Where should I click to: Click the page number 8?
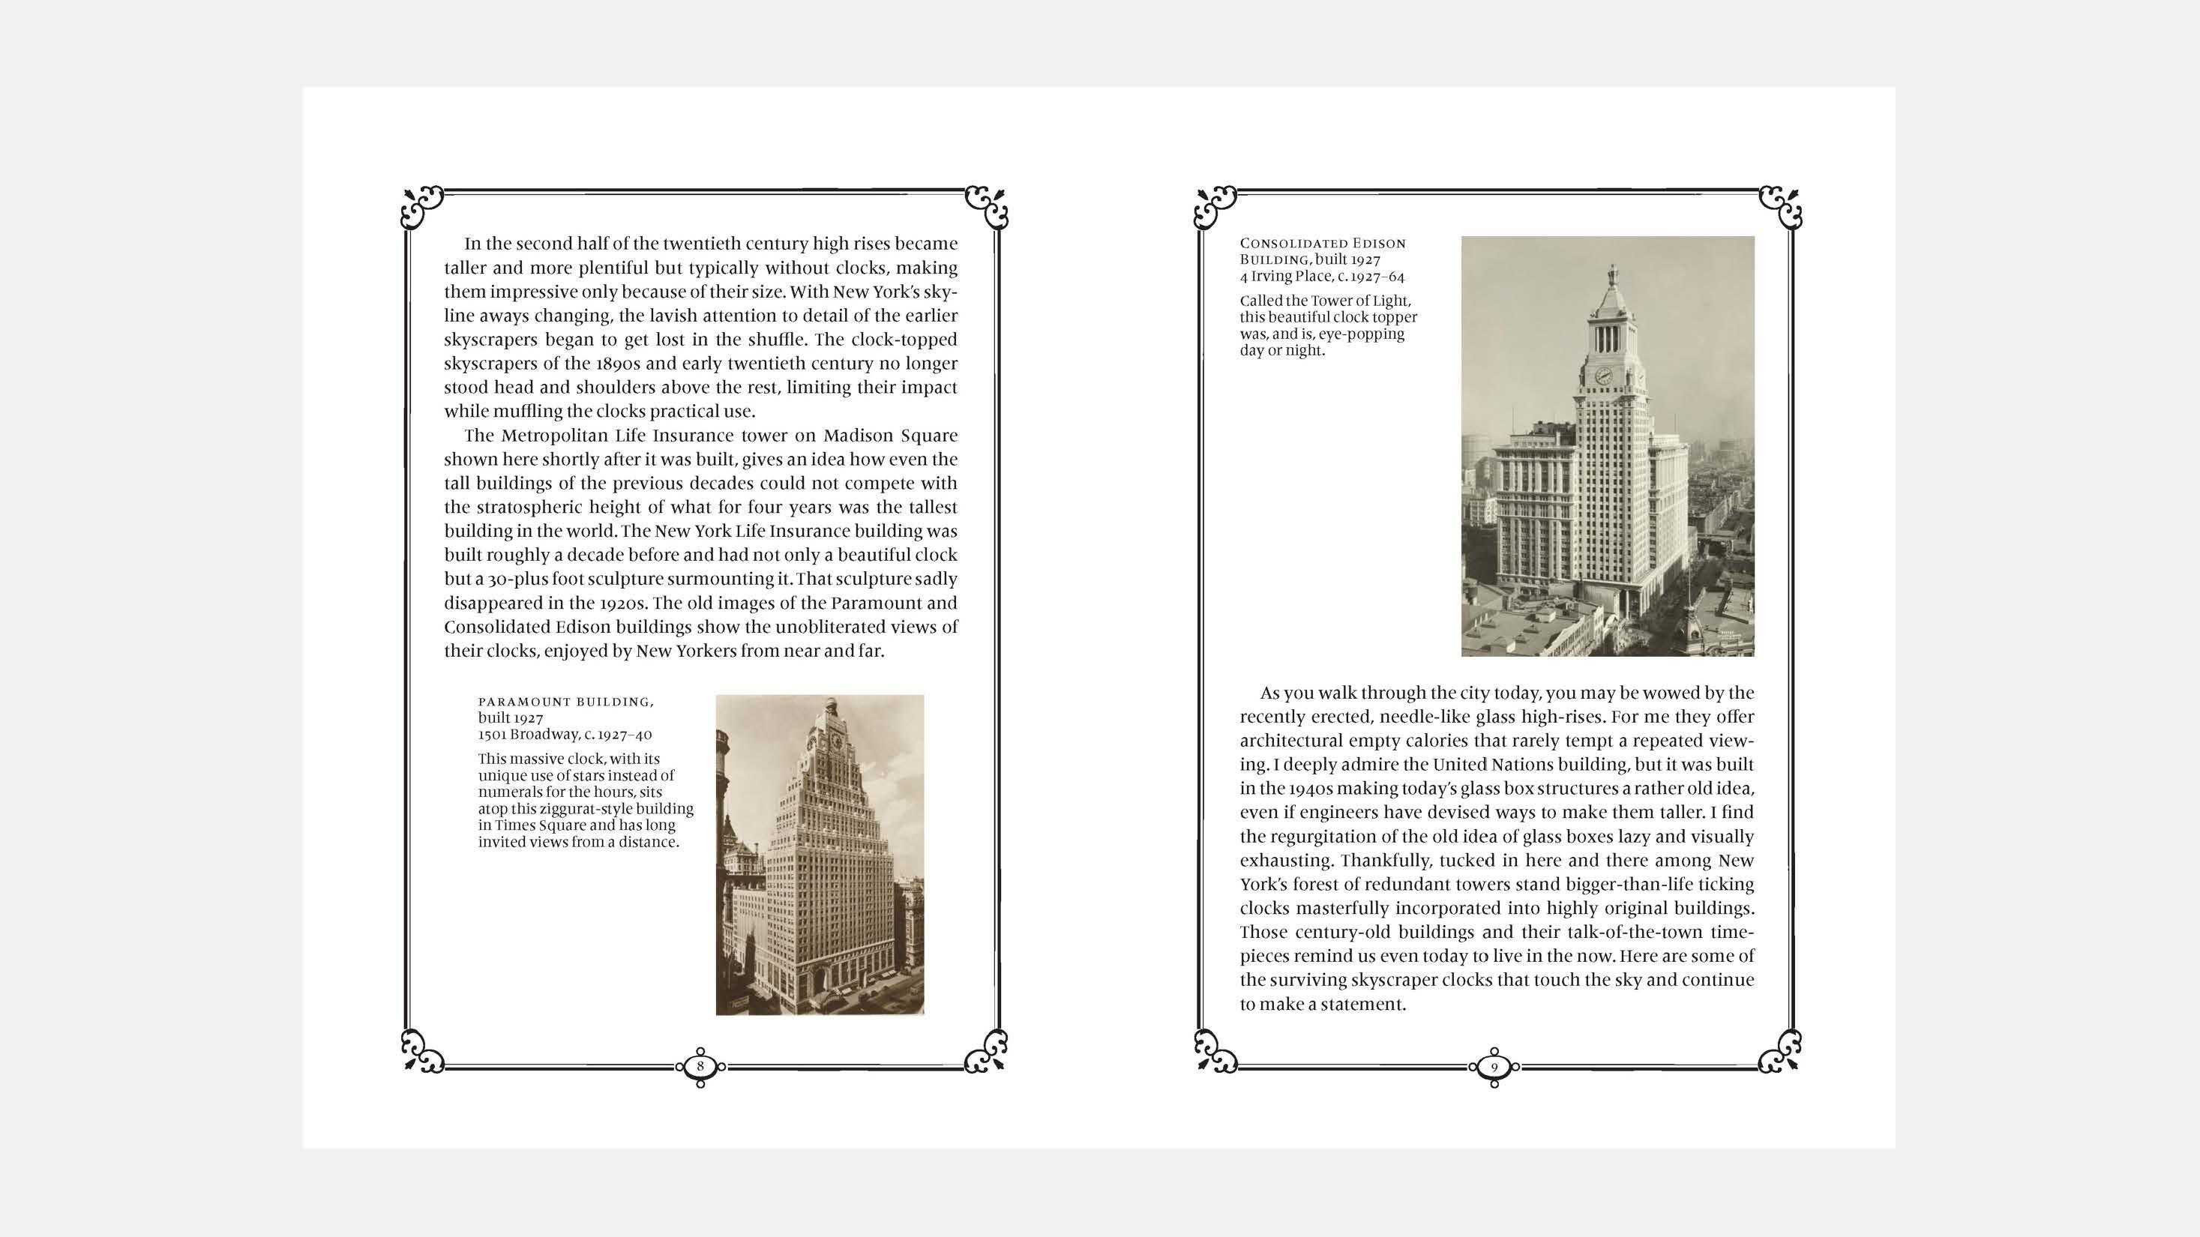point(700,1066)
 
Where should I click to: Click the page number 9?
point(1494,1066)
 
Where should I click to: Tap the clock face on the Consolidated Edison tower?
point(1604,376)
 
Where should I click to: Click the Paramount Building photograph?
point(819,855)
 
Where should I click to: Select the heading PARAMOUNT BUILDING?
point(565,702)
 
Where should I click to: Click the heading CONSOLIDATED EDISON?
point(1322,244)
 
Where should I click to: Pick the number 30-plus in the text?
point(517,579)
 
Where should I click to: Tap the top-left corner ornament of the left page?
point(423,208)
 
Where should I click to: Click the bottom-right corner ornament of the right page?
point(1781,1051)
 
